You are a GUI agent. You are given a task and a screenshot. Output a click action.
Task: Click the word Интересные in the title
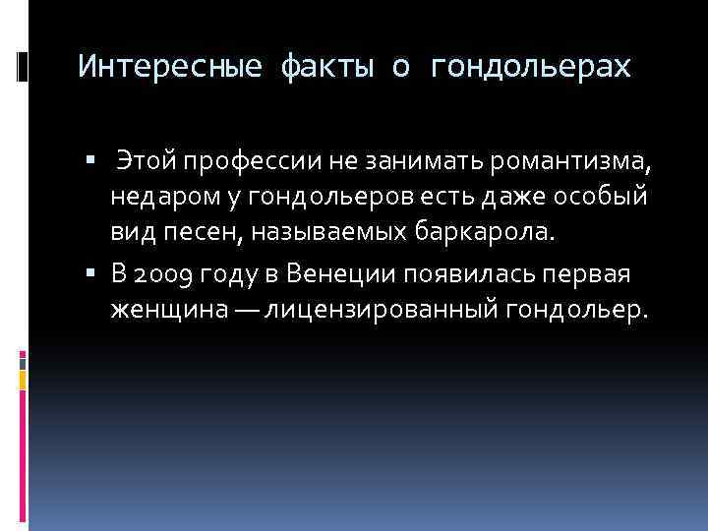click(170, 68)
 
